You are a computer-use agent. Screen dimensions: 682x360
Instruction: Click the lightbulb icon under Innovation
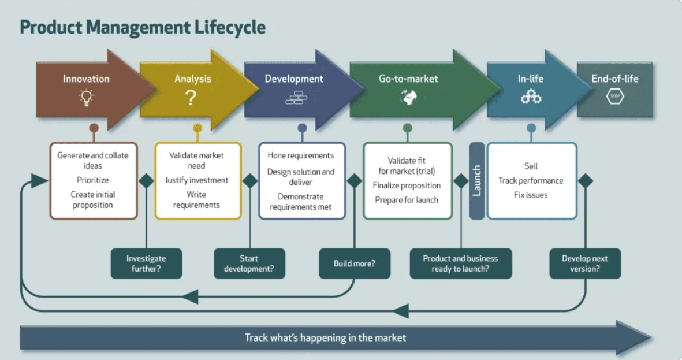pos(86,97)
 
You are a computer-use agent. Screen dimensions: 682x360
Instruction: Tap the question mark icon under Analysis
pos(191,98)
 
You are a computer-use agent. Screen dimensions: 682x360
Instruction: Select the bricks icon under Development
pos(296,98)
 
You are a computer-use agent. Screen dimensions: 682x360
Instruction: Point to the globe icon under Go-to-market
pos(408,97)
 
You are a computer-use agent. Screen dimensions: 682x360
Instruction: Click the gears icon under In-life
pos(531,97)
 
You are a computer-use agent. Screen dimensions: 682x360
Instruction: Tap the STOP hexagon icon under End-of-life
pos(615,96)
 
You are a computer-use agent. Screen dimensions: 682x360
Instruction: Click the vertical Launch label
pos(476,181)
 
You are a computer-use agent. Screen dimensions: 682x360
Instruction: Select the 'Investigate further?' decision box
pos(146,263)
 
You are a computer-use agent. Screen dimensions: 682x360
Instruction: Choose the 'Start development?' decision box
pos(249,263)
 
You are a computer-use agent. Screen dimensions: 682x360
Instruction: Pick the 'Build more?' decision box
pos(355,263)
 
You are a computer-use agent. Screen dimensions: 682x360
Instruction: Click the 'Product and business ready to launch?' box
pos(461,263)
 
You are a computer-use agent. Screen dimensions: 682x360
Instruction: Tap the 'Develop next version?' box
pos(585,263)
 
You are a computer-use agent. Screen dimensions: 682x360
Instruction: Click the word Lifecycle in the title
pos(230,27)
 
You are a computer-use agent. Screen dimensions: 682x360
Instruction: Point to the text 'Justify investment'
pos(196,180)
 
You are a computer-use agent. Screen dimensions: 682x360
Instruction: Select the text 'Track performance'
pos(531,181)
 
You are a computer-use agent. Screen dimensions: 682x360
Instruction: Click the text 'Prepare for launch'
pos(407,201)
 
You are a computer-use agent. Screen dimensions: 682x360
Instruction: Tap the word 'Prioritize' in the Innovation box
pos(92,180)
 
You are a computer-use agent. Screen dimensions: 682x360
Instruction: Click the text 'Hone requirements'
pos(300,155)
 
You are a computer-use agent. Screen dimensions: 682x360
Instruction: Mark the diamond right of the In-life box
pos(586,181)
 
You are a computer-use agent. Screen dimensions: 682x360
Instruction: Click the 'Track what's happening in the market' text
pos(325,338)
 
